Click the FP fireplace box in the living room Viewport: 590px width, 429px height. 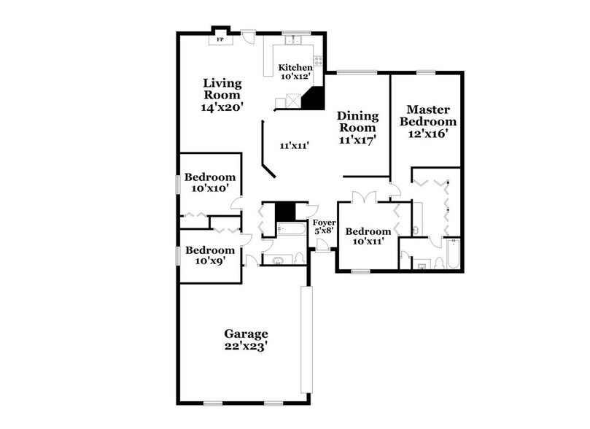220,39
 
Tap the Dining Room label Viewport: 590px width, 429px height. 357,128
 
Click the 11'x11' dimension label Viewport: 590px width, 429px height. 295,145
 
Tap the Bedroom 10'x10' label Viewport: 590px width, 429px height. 209,182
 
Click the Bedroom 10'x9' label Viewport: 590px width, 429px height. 209,255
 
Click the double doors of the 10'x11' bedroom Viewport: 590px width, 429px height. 362,197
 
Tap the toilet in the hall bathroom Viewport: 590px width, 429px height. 299,257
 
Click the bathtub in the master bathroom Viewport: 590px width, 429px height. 453,255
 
